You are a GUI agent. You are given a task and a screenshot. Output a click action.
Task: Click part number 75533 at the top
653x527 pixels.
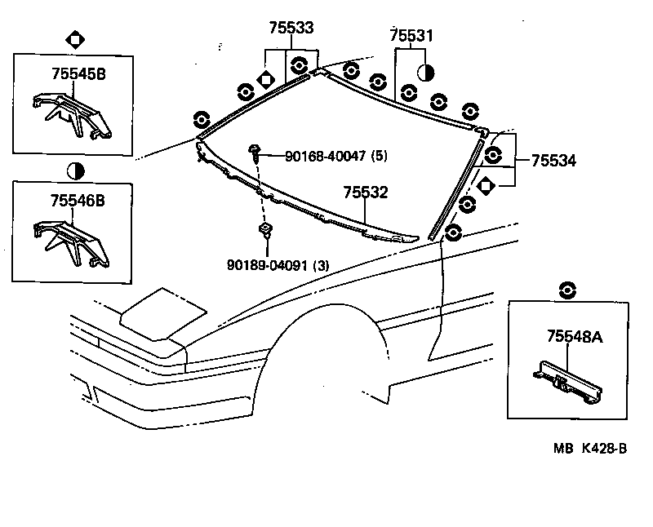click(291, 28)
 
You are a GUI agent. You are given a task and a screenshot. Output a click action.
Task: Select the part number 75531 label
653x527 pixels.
click(411, 35)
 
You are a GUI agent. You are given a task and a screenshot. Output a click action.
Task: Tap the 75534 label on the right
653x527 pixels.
click(553, 162)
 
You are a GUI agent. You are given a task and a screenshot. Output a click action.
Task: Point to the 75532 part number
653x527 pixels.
click(365, 193)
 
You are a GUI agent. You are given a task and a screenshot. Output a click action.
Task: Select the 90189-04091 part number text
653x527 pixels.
click(278, 264)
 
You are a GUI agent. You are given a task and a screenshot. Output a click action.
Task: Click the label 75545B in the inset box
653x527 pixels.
click(78, 74)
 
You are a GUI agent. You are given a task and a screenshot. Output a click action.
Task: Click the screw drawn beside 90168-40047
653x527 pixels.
click(255, 152)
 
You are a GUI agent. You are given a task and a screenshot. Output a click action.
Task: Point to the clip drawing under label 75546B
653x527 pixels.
click(72, 240)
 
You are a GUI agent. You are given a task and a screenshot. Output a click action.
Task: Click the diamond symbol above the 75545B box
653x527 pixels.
click(74, 38)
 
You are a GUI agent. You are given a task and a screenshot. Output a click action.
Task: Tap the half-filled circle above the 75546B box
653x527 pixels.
click(74, 170)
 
